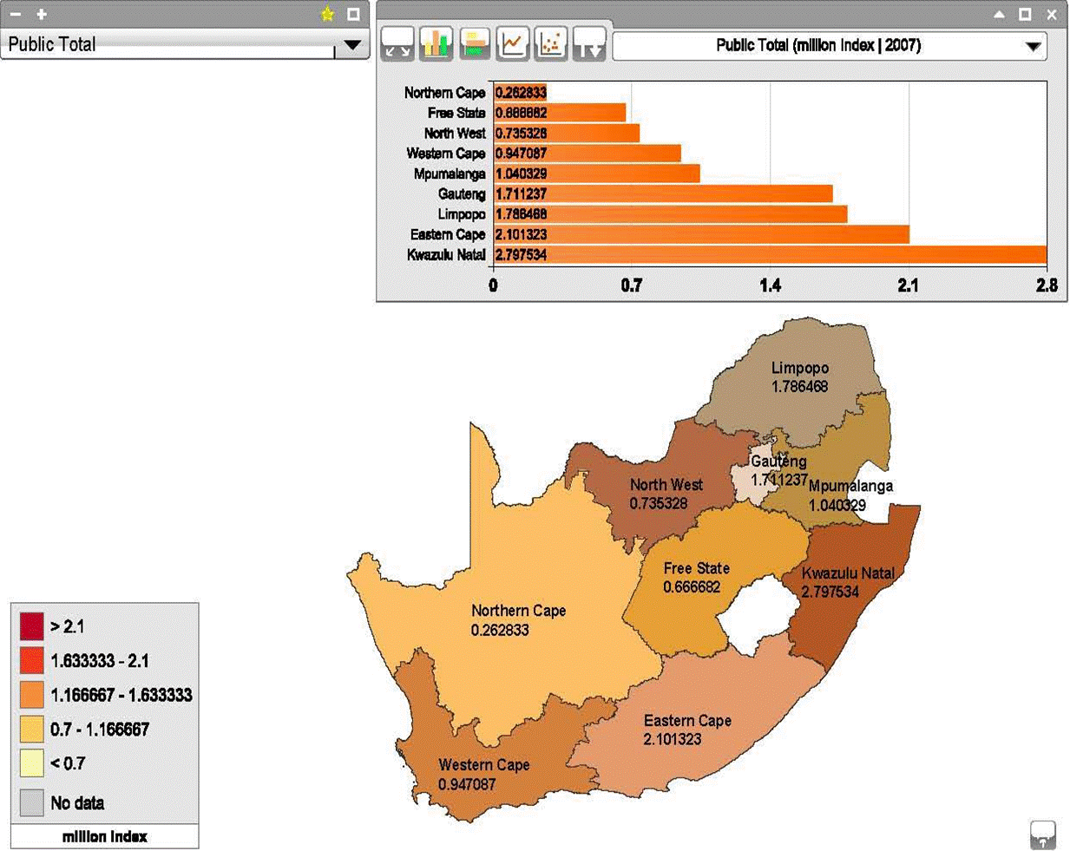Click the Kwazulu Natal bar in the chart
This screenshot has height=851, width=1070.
(x=770, y=254)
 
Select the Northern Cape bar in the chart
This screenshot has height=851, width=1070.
(x=520, y=93)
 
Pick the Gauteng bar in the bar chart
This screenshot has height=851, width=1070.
(x=663, y=193)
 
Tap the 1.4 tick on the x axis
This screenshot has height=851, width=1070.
(x=770, y=285)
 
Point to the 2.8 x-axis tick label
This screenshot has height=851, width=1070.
(x=1047, y=285)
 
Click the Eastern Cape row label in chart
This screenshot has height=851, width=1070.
(x=447, y=234)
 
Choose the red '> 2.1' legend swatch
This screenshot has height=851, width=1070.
(x=32, y=626)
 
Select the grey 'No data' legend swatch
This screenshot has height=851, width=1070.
(x=32, y=802)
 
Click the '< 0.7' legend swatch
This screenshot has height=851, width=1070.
(x=32, y=763)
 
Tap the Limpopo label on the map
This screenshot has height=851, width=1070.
(x=799, y=368)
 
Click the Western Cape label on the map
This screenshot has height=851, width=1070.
(x=483, y=765)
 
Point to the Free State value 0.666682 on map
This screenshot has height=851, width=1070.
(x=692, y=587)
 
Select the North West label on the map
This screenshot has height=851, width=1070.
(x=666, y=485)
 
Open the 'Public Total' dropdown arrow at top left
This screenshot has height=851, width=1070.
(x=352, y=45)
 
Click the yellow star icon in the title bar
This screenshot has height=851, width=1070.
(x=327, y=14)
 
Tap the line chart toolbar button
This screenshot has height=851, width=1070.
(x=513, y=43)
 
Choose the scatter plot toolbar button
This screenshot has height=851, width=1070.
(x=551, y=43)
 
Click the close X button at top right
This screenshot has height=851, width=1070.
(x=1052, y=14)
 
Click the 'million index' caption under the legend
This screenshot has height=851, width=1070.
(x=104, y=836)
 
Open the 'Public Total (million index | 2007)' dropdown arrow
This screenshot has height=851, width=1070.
(x=1033, y=46)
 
